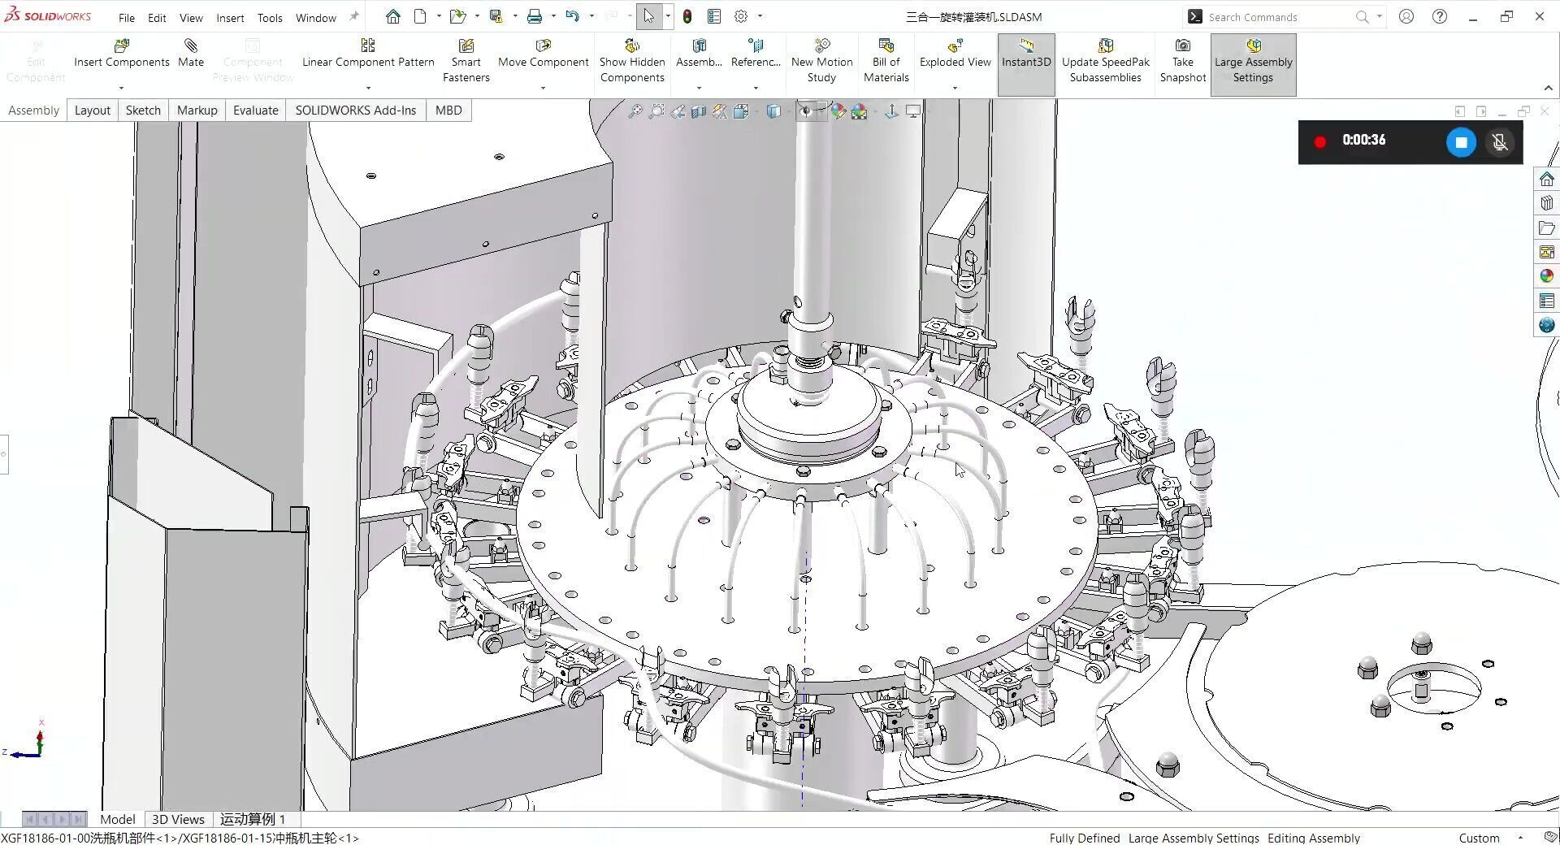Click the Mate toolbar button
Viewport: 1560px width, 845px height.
click(x=191, y=54)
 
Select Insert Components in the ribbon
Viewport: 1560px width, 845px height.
click(x=122, y=54)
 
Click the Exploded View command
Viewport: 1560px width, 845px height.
click(x=955, y=54)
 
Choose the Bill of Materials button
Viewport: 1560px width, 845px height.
click(x=886, y=61)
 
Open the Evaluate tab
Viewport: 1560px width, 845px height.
click(x=255, y=110)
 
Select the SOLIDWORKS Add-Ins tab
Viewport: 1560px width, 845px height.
click(x=355, y=110)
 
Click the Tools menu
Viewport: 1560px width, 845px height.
click(x=270, y=17)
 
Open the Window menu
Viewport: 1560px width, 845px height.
click(x=315, y=17)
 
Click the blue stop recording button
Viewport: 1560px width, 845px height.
click(x=1460, y=142)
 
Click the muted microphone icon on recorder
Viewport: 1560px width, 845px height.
click(x=1500, y=142)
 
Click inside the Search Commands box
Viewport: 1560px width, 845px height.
click(x=1276, y=17)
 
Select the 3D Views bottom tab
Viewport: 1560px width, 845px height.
click(x=178, y=819)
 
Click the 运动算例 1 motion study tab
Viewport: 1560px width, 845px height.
click(x=253, y=819)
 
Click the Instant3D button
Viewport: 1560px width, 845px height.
click(x=1025, y=54)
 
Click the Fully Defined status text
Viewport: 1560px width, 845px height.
click(x=1084, y=838)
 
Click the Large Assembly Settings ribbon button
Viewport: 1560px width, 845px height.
click(x=1253, y=61)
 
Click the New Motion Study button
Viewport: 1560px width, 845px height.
click(x=821, y=61)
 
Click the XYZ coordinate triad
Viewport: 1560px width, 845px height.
click(x=36, y=743)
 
